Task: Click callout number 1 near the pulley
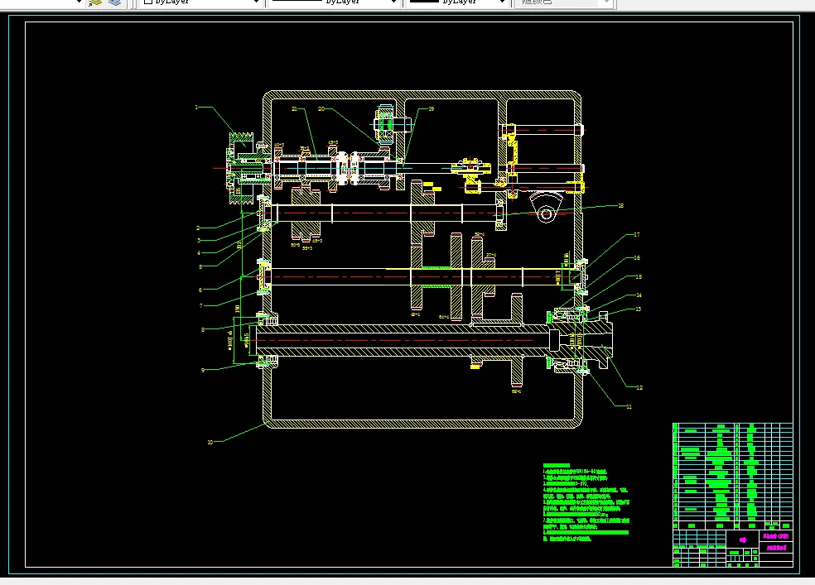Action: [x=197, y=107]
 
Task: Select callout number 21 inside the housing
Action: [x=294, y=108]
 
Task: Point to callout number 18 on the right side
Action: [x=620, y=204]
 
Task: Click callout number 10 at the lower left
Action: [x=210, y=442]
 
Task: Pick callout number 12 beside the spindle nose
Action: [x=639, y=386]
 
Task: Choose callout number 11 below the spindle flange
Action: [x=629, y=406]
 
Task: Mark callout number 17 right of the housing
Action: [x=637, y=235]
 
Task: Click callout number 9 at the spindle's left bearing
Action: [x=202, y=370]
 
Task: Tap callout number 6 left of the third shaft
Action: [x=200, y=290]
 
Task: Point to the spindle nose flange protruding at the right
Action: [x=598, y=340]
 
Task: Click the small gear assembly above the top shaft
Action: [x=387, y=125]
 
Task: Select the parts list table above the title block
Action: [x=733, y=476]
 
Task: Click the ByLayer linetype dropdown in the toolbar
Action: [x=335, y=2]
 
